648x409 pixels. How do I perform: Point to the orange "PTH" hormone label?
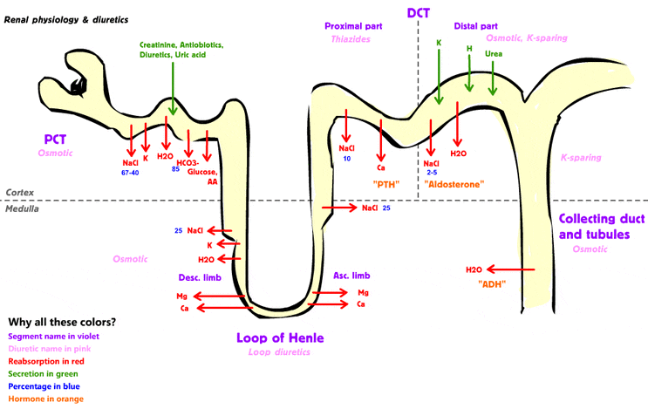(x=385, y=184)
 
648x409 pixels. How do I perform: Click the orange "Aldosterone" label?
(x=454, y=184)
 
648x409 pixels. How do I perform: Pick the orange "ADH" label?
(x=493, y=284)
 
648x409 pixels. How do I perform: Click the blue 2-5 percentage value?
(x=432, y=173)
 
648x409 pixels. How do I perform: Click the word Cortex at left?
(x=20, y=192)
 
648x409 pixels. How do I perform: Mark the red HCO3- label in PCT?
(x=189, y=162)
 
